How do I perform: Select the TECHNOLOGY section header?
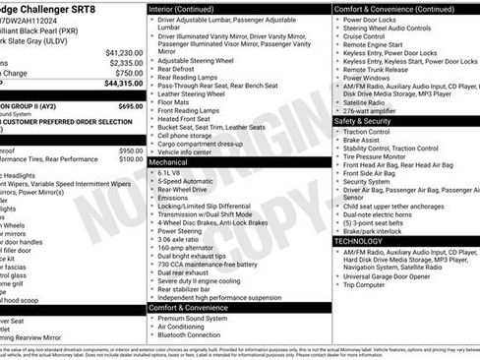click(x=359, y=240)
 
